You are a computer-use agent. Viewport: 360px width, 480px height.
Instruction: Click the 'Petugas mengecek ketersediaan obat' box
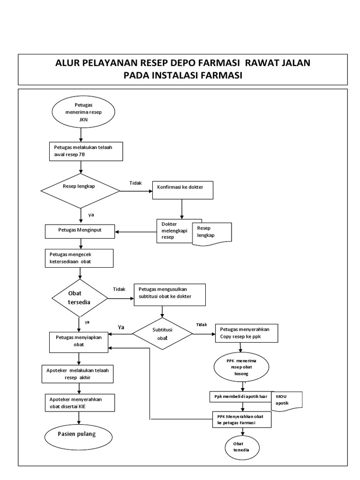tap(79, 258)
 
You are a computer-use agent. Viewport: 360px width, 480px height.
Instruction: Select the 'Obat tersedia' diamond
tap(79, 298)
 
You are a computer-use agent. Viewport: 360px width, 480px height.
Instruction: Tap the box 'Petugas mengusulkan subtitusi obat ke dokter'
tap(170, 294)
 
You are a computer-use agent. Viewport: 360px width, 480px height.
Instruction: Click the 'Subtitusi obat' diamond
tap(162, 333)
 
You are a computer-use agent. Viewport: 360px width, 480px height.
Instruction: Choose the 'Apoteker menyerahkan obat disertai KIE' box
tap(79, 402)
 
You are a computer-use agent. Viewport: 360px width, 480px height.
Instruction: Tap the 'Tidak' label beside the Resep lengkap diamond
tap(135, 183)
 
